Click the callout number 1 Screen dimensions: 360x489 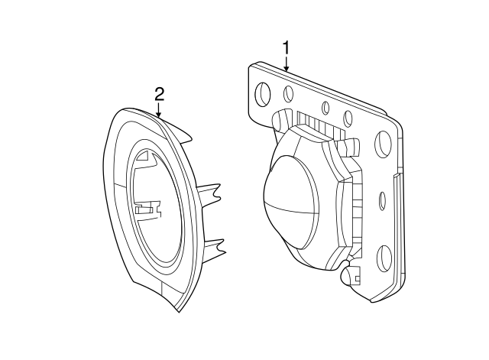point(287,48)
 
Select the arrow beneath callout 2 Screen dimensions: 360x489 point(159,112)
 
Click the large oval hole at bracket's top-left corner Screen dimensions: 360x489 point(263,94)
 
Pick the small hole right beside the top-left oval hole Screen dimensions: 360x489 point(289,94)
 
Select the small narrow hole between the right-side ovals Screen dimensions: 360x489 point(382,200)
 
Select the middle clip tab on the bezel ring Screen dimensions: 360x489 point(209,192)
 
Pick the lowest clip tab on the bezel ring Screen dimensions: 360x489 point(215,246)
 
